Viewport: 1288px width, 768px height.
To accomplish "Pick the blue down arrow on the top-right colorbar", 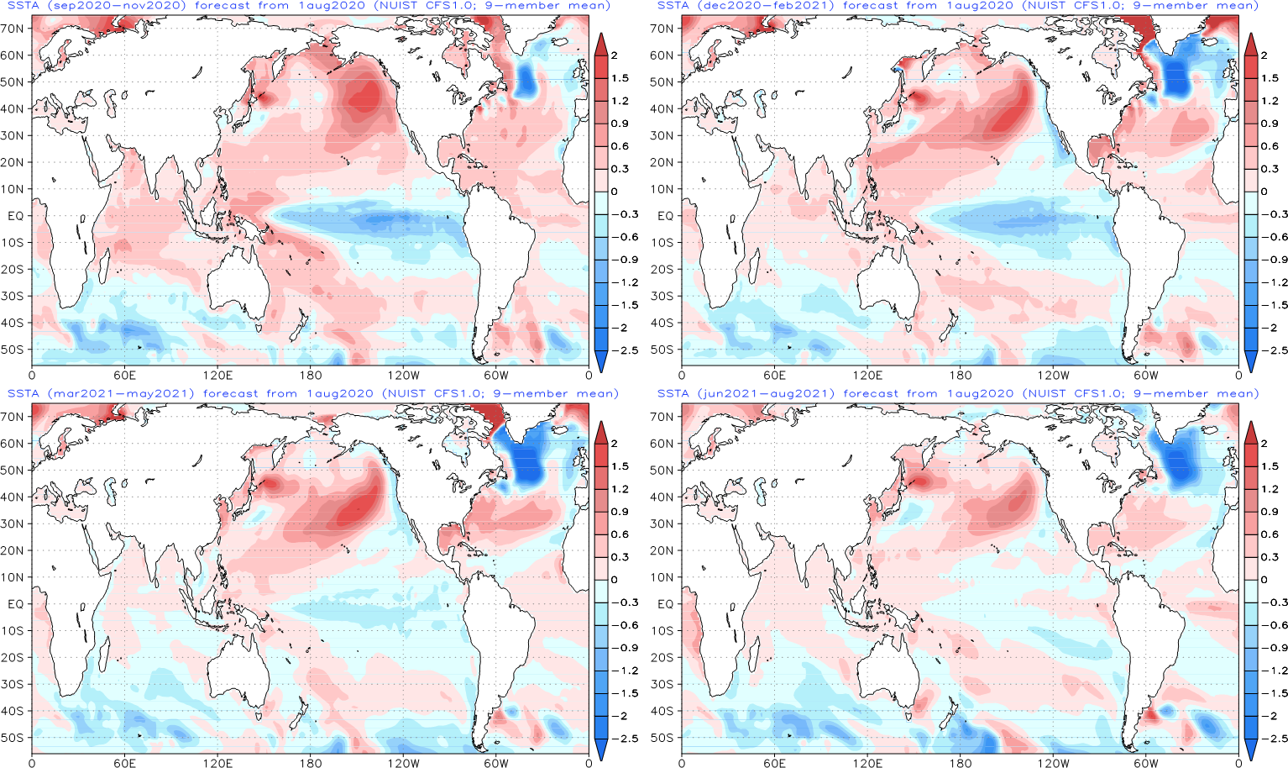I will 1251,361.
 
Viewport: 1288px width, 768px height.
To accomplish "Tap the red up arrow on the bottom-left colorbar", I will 601,433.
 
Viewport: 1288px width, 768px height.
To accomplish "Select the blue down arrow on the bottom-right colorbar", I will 1251,749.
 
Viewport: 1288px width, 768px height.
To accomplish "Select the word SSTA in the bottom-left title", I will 23,393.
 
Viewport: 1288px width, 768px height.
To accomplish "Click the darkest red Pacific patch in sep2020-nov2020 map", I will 366,99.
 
